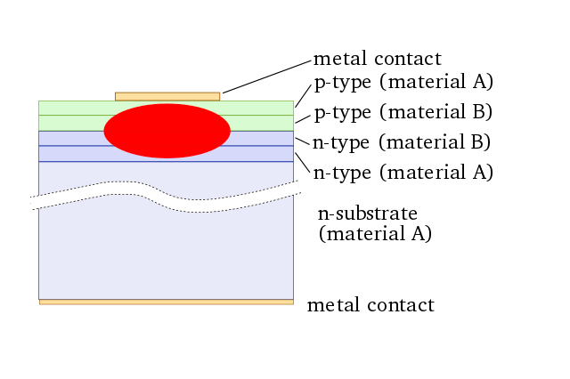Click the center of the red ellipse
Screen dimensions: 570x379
(x=167, y=131)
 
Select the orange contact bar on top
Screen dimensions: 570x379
(x=167, y=96)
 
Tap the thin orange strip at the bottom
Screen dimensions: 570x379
(x=166, y=302)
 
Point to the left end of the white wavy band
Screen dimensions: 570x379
(x=34, y=203)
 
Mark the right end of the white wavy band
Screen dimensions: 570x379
(x=297, y=188)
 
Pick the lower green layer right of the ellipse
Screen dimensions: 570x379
(x=263, y=123)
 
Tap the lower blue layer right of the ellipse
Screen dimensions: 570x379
(x=263, y=153)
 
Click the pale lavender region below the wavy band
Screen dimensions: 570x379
(x=166, y=258)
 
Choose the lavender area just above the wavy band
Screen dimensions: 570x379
(x=223, y=176)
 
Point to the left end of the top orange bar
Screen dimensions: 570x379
(x=118, y=96)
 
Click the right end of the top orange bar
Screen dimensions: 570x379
(x=217, y=96)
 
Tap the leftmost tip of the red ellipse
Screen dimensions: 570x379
(x=105, y=131)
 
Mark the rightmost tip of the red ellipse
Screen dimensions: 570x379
(x=230, y=131)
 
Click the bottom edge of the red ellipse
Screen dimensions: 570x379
(x=167, y=157)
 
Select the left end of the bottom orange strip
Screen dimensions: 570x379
(x=42, y=302)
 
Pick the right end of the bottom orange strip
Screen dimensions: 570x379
(x=290, y=302)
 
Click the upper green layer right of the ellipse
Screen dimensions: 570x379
(x=263, y=108)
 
